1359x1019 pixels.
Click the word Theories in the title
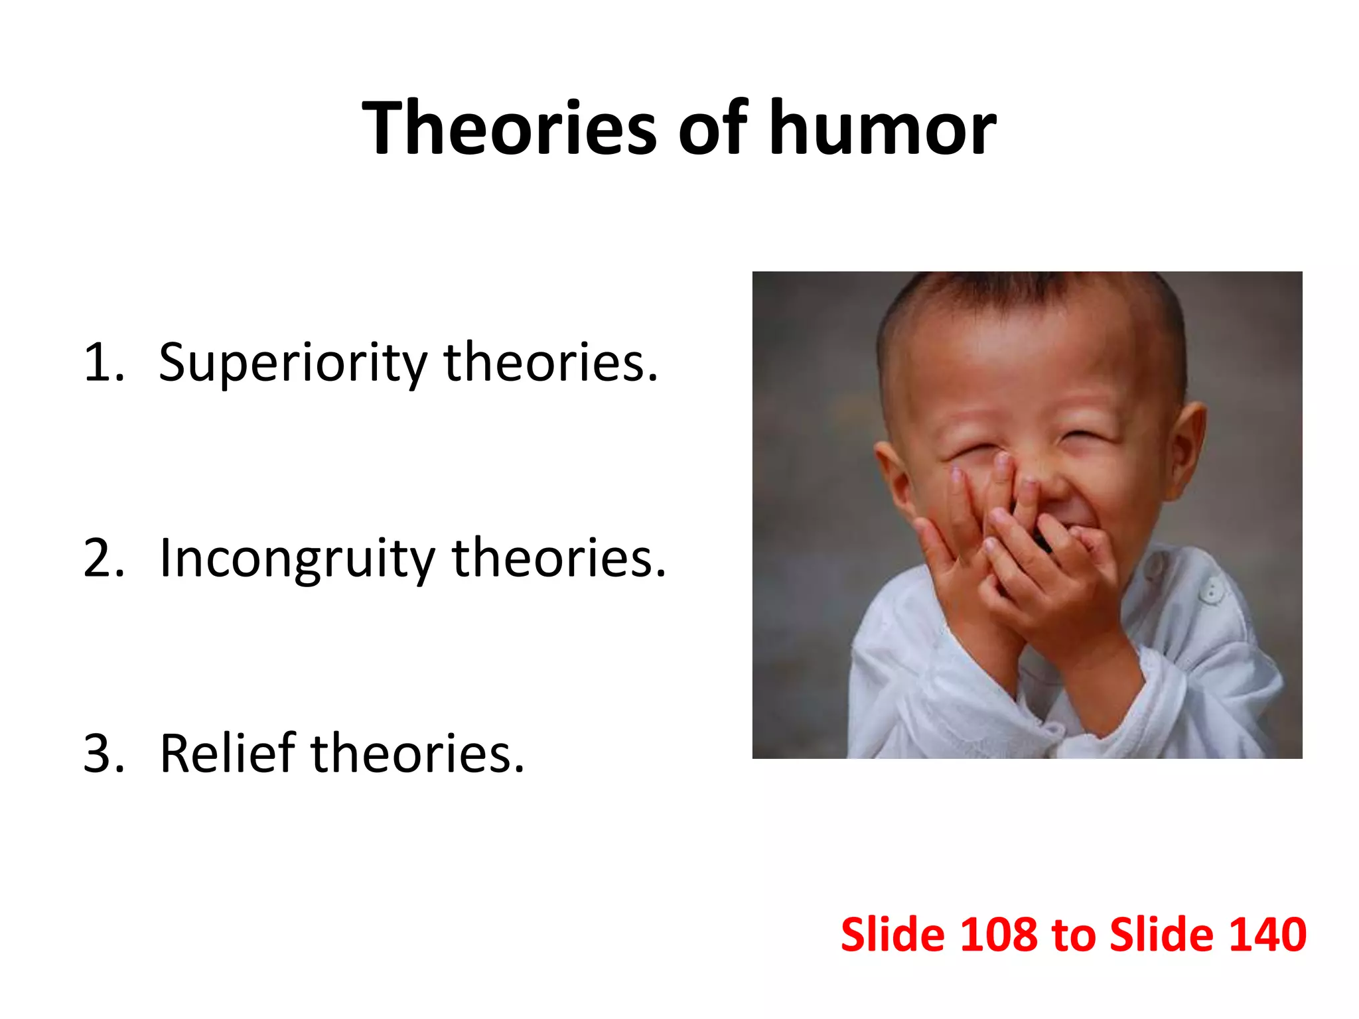(510, 127)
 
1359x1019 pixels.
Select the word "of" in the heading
(712, 127)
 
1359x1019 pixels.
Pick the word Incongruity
(297, 559)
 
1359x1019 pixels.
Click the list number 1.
(102, 364)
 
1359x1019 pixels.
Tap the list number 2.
(104, 559)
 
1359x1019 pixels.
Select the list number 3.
(104, 754)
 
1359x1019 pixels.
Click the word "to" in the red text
(1073, 935)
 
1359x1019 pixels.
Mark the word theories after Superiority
(551, 364)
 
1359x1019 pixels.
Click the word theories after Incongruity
(559, 559)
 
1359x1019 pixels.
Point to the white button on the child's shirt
(1212, 590)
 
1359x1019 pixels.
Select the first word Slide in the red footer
(892, 935)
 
